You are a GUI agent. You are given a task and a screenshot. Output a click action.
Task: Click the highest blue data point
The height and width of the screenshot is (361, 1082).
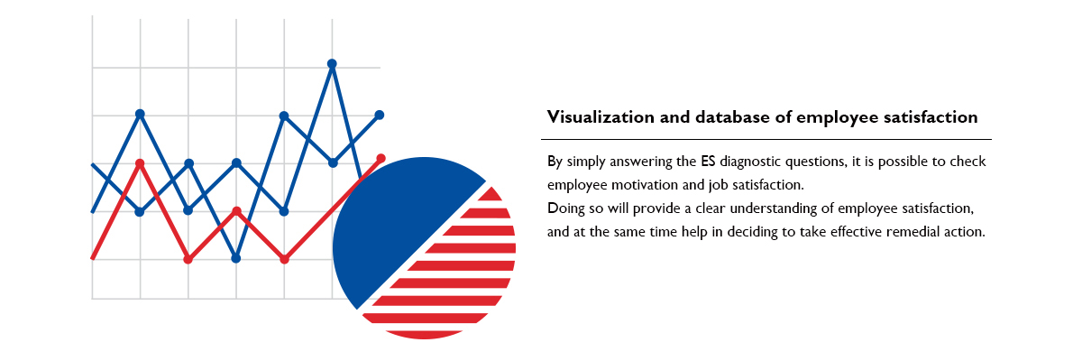332,64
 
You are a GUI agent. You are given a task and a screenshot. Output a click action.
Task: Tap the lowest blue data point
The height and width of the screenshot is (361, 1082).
235,258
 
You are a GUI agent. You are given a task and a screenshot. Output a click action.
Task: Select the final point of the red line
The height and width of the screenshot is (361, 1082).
381,159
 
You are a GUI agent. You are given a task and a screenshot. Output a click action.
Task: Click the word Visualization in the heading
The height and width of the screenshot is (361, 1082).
601,117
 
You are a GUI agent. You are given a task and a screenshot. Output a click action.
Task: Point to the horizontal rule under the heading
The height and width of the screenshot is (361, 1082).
766,139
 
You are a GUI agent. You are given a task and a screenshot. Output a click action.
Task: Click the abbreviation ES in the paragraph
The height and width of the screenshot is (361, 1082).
708,161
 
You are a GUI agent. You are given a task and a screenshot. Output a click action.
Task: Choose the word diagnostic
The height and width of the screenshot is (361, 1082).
750,162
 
